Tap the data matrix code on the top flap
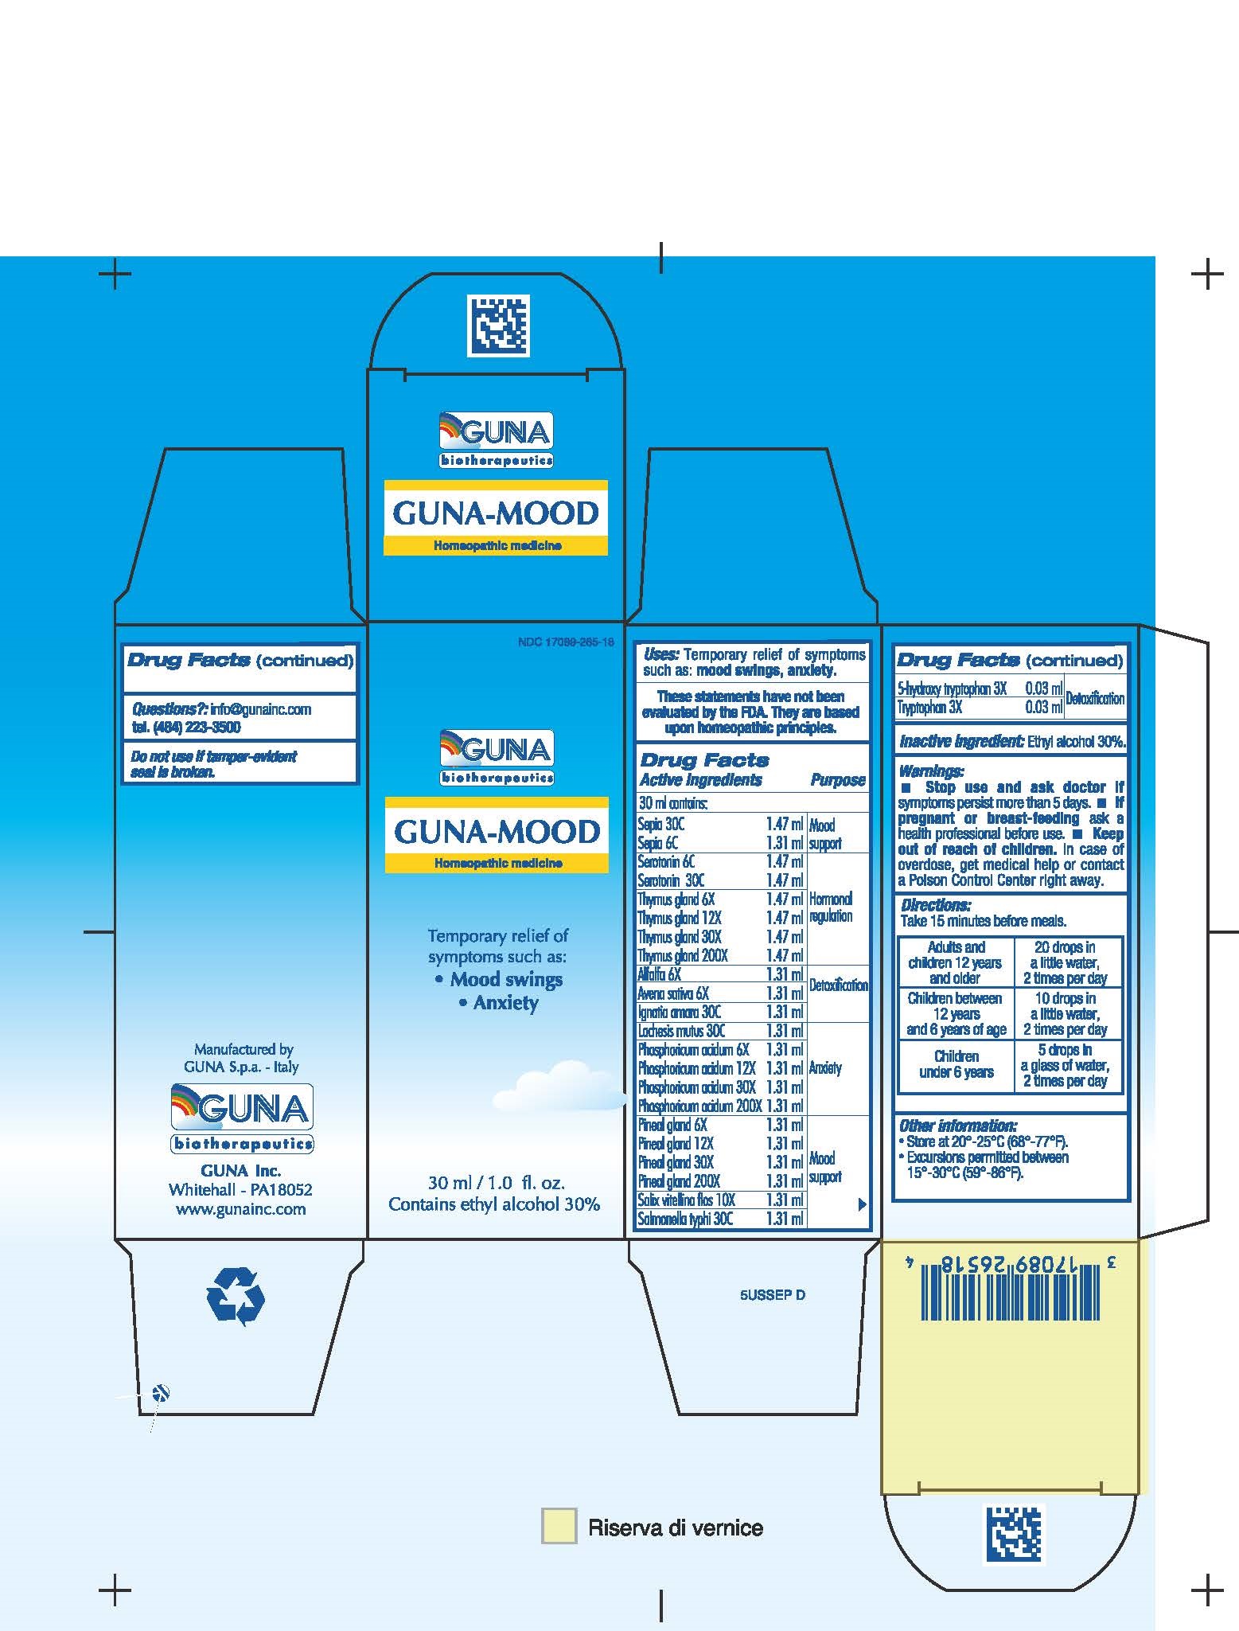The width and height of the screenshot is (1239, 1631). point(497,326)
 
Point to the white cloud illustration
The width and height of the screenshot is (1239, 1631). point(559,1087)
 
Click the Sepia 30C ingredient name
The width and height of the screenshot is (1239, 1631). point(660,825)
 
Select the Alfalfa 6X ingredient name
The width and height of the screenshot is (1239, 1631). point(659,974)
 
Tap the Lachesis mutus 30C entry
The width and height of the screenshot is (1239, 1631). point(681,1031)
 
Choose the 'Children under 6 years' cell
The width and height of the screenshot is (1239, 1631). point(956,1064)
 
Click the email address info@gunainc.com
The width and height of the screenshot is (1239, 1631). point(260,709)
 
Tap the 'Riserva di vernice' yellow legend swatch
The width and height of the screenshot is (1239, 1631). point(559,1527)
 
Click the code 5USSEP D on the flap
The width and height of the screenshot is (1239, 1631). point(772,1295)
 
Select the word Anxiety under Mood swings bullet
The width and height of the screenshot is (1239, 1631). point(505,1003)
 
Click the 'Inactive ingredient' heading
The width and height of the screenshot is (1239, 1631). point(960,741)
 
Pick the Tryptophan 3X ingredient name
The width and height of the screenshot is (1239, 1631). point(929,707)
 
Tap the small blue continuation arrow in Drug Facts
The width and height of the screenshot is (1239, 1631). point(861,1204)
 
